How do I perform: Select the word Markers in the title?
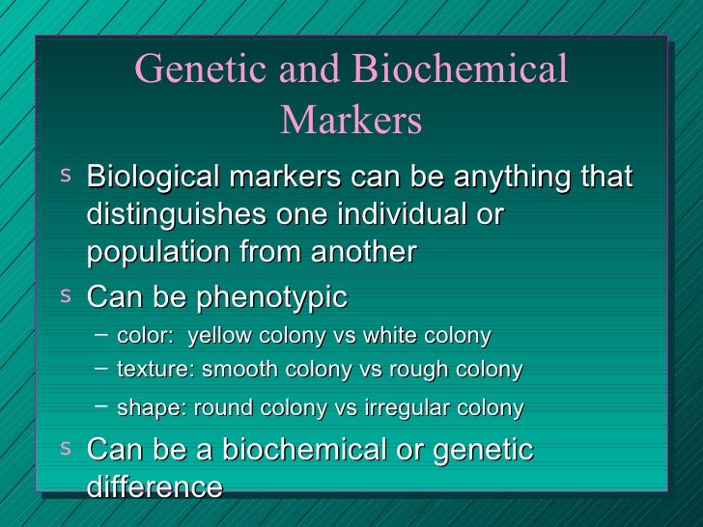point(351,121)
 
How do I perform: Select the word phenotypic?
point(272,297)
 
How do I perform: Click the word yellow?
point(217,336)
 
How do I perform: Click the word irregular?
point(412,408)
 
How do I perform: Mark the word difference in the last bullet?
point(155,486)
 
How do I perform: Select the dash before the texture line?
point(102,368)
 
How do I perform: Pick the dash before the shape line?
point(102,404)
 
